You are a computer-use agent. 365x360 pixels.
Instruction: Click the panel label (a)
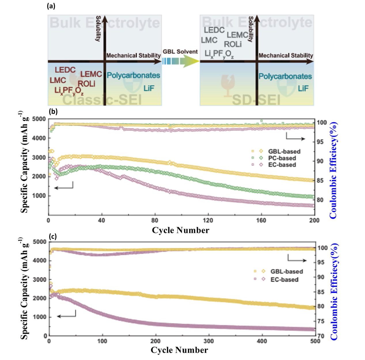click(51, 6)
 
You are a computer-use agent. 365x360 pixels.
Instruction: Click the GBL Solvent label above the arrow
click(180, 52)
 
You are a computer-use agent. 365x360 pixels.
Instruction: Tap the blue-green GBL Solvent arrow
click(180, 61)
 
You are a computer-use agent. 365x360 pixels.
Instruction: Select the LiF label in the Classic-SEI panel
click(149, 88)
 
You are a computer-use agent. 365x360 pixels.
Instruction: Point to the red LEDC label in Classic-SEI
click(65, 70)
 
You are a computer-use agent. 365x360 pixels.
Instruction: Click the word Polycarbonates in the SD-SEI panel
click(285, 76)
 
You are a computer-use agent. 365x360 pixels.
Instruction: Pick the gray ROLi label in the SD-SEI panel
click(233, 45)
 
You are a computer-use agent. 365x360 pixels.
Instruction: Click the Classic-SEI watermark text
click(102, 100)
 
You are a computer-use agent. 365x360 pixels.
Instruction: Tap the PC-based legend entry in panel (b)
click(282, 158)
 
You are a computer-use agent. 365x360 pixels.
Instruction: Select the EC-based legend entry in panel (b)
click(282, 165)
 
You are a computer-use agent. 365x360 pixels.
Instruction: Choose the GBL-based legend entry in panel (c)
click(286, 271)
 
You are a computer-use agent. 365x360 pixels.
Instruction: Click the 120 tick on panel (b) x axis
click(208, 220)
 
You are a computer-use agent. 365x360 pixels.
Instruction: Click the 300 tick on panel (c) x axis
click(209, 341)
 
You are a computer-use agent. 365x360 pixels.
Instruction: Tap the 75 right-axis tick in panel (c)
click(321, 321)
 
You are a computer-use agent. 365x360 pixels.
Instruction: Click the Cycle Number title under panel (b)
click(181, 230)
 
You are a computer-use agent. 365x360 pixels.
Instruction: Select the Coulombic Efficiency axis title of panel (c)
click(333, 292)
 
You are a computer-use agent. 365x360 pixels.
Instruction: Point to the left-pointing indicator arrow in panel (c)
click(66, 315)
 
